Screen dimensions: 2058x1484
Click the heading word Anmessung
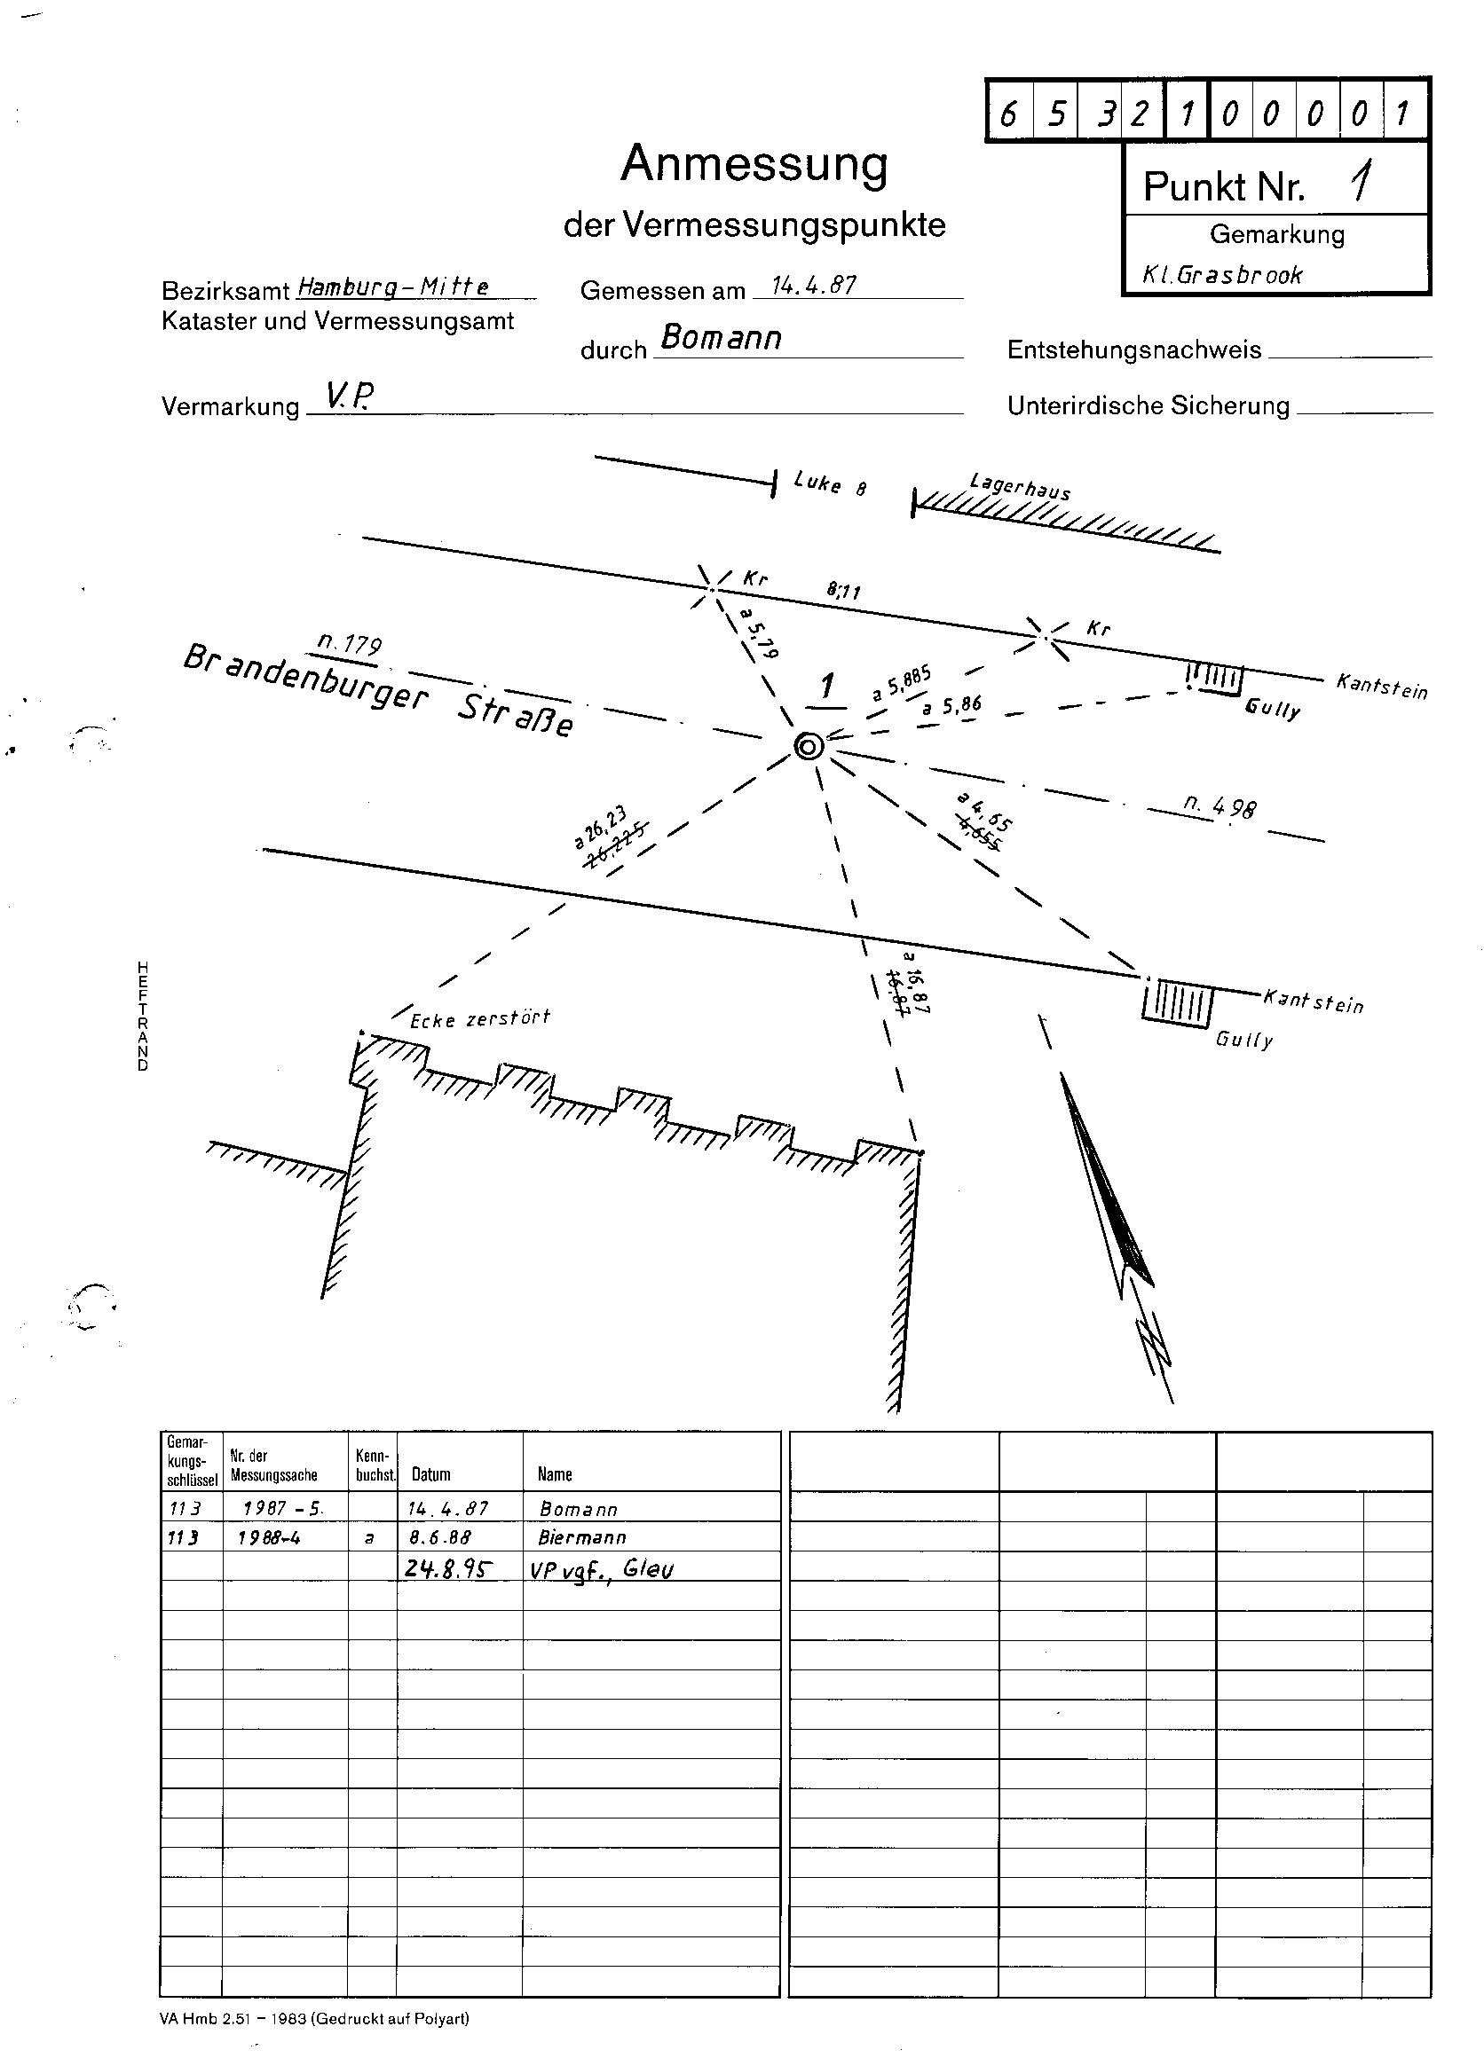click(x=754, y=165)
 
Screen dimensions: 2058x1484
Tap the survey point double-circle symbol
click(x=808, y=746)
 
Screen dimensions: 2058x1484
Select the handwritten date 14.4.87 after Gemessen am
click(x=812, y=285)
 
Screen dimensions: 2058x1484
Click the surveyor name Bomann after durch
click(x=721, y=338)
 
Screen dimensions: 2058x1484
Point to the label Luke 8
click(x=830, y=483)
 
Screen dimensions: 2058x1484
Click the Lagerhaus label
click(x=1020, y=486)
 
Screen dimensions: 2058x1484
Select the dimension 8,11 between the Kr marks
click(x=843, y=591)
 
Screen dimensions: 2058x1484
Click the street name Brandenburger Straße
click(x=377, y=690)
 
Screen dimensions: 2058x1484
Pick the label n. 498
click(x=1220, y=805)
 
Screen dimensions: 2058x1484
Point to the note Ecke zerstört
click(x=479, y=1018)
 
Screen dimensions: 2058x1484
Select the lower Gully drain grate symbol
click(x=1177, y=1002)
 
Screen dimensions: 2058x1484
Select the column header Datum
click(x=431, y=1474)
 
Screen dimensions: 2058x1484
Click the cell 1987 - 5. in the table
click(x=282, y=1508)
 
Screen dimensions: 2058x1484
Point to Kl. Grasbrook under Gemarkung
click(x=1221, y=274)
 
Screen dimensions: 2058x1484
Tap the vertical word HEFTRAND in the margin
click(x=143, y=1016)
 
